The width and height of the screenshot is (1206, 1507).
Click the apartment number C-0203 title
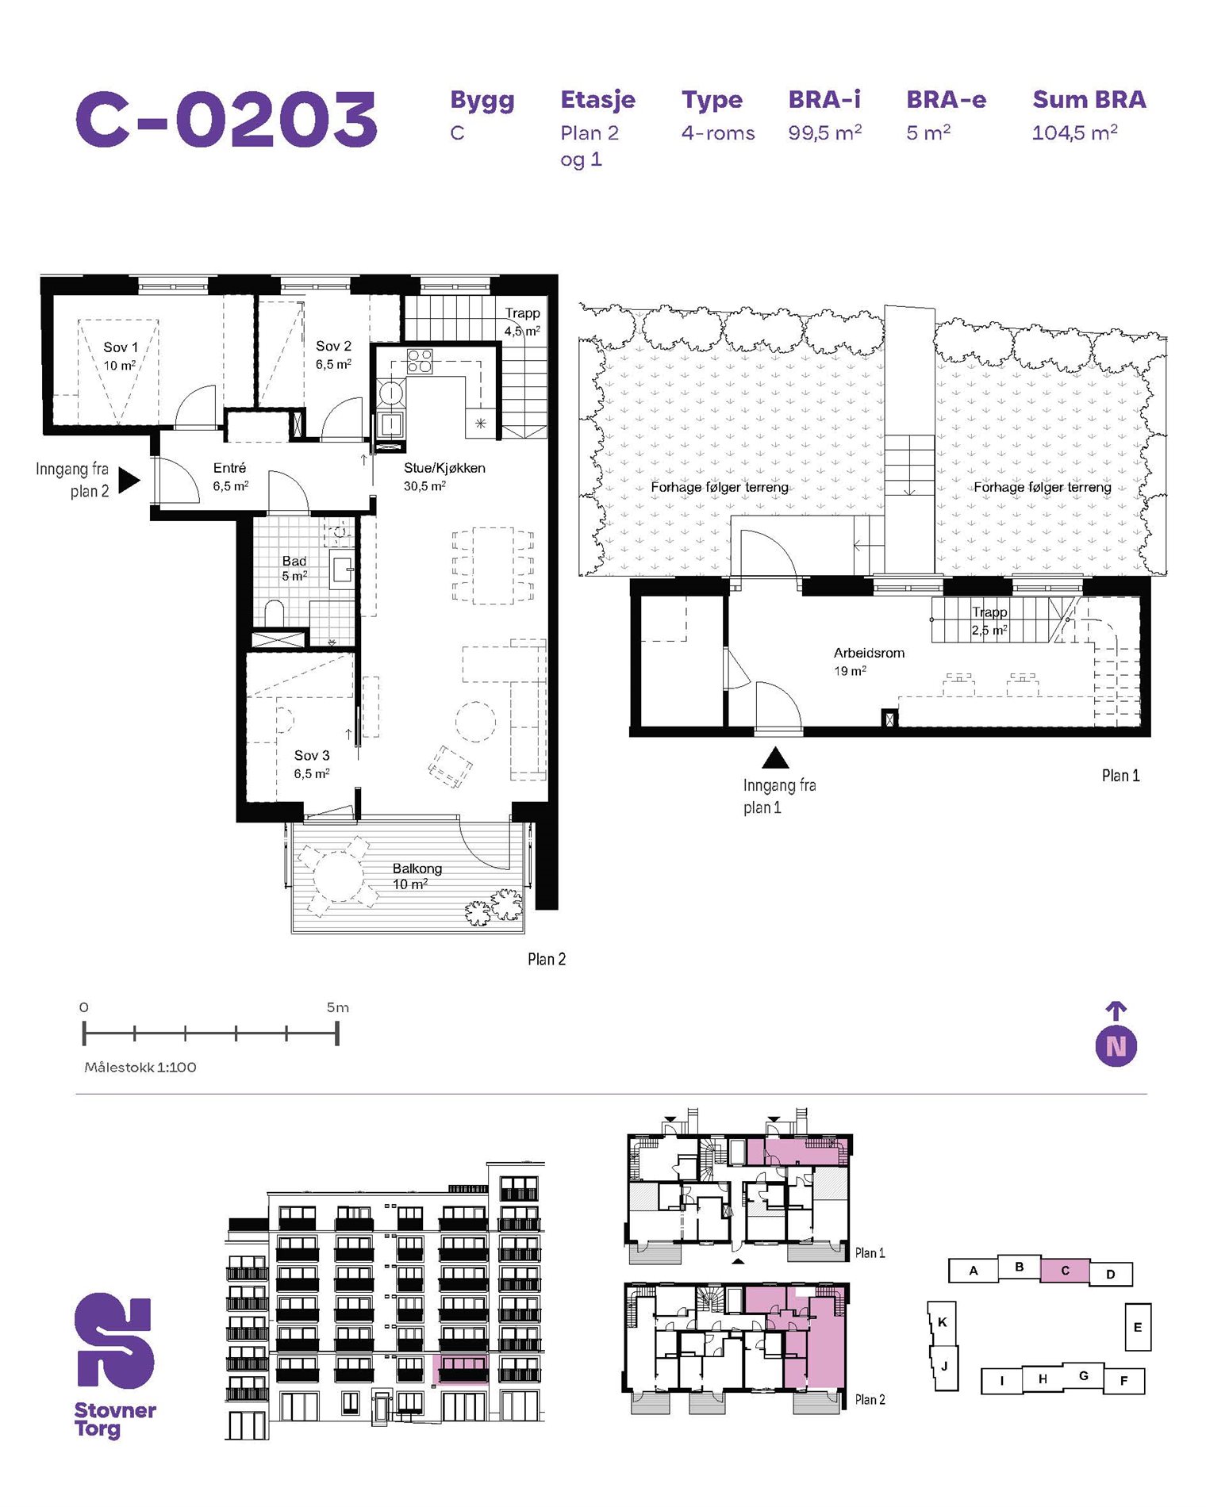click(x=227, y=119)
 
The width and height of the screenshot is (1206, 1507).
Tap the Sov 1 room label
click(x=121, y=347)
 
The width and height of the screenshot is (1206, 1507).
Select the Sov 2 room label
click(x=333, y=347)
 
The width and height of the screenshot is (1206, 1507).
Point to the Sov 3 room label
click(x=312, y=756)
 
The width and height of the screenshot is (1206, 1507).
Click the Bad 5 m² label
click(x=294, y=568)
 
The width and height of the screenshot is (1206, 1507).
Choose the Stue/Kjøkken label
click(x=444, y=468)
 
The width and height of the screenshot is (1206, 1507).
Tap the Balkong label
click(x=417, y=869)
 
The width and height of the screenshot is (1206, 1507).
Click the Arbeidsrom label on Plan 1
click(x=869, y=653)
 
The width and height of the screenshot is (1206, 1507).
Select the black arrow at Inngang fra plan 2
click(x=129, y=480)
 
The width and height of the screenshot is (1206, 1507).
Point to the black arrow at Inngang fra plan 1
click(x=775, y=759)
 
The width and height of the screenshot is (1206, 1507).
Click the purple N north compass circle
click(x=1116, y=1046)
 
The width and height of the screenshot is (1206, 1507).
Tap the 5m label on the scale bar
click(x=338, y=1007)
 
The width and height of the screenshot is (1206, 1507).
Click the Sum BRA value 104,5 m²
click(x=1074, y=132)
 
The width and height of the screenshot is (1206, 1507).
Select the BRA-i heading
click(x=824, y=99)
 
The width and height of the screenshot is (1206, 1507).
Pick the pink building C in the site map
click(x=1065, y=1271)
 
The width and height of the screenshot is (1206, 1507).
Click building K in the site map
click(x=943, y=1322)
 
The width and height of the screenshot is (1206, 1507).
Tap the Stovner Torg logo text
click(x=115, y=1420)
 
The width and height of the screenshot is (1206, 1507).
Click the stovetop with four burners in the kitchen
click(x=420, y=361)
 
